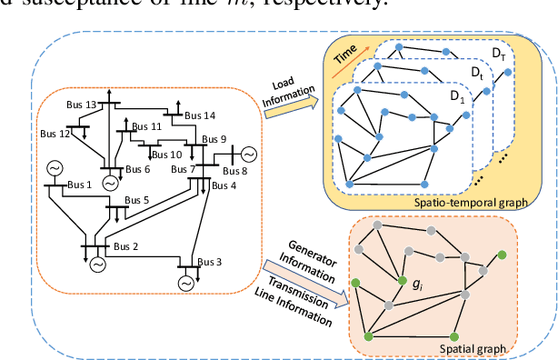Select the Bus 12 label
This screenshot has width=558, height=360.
click(55, 135)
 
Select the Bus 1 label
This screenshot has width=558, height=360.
click(80, 185)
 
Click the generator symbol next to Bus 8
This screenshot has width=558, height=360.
click(248, 152)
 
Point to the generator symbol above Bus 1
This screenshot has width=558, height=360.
click(54, 168)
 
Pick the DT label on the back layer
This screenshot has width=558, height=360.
click(500, 56)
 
